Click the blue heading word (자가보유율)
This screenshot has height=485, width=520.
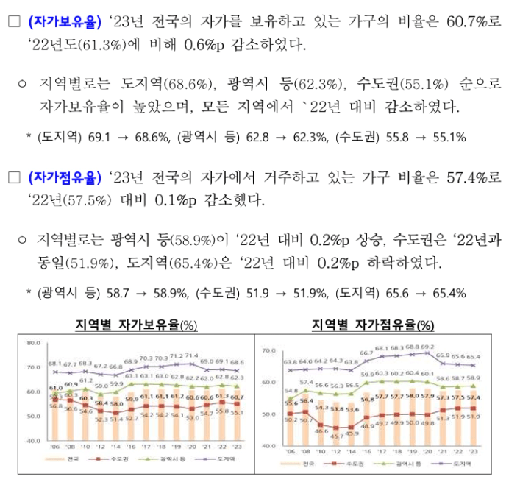65,22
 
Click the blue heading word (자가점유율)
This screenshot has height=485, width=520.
65,177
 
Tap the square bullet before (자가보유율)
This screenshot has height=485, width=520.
13,22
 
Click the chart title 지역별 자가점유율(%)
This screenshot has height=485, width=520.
373,325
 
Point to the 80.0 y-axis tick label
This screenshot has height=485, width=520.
32,343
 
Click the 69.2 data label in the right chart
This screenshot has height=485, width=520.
427,347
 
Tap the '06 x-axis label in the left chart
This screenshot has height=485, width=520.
55,447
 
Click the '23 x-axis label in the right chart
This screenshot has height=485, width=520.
472,451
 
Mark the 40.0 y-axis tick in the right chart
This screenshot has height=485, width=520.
268,446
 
